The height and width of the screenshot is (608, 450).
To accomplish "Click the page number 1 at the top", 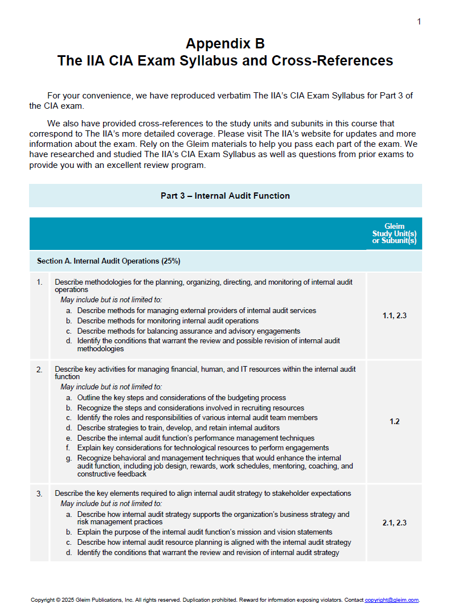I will (x=419, y=22).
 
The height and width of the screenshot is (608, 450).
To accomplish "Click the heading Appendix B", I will (x=225, y=44).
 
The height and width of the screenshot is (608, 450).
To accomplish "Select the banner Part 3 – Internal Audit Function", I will (x=225, y=196).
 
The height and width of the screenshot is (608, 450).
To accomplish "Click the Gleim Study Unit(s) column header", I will (x=394, y=233).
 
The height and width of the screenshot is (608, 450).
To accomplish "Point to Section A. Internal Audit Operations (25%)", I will (x=108, y=261).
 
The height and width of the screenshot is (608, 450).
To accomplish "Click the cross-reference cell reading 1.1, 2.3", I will (x=394, y=315).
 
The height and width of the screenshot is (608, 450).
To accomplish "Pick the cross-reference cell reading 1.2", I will (x=394, y=422).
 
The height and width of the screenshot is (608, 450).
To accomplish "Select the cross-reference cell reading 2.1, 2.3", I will (x=394, y=523).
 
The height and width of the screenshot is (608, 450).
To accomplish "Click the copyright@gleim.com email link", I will (x=391, y=600).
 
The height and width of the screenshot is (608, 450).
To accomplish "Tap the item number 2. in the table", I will (x=39, y=369).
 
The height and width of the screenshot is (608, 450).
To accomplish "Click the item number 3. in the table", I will (x=39, y=493).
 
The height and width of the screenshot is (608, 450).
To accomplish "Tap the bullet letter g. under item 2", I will (x=68, y=458).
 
